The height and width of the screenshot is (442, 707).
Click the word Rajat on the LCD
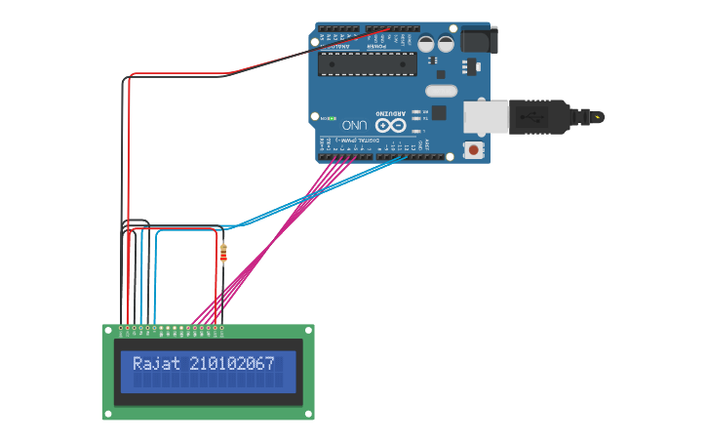click(157, 364)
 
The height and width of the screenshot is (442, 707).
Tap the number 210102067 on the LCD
click(232, 364)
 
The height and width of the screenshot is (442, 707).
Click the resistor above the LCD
click(224, 254)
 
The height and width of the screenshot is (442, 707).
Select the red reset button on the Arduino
click(474, 149)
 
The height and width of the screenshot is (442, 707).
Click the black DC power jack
click(479, 40)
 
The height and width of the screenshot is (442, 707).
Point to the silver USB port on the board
click(485, 115)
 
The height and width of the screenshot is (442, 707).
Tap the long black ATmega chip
click(368, 64)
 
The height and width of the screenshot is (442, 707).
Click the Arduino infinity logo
click(390, 125)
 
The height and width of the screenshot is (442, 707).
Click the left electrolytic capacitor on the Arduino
click(427, 44)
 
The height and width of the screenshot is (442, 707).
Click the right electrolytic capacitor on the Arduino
click(446, 44)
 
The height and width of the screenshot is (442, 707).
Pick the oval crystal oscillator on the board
click(441, 91)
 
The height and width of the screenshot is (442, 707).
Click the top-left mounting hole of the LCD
click(108, 332)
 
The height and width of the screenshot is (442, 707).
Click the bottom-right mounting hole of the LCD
click(308, 413)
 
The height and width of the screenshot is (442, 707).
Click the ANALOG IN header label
click(336, 45)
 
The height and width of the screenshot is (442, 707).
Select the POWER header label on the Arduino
click(376, 45)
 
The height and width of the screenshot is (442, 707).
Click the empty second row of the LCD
click(208, 381)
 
